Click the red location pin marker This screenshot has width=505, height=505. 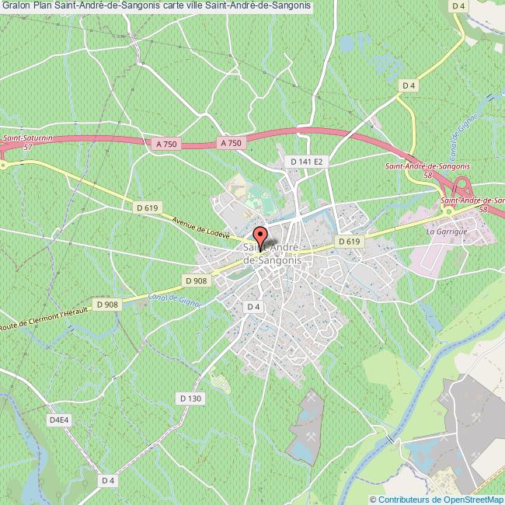pyautogui.click(x=259, y=236)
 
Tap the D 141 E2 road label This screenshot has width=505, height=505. pyautogui.click(x=306, y=161)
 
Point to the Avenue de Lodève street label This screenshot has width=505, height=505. pyautogui.click(x=200, y=225)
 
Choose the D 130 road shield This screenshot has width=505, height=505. pyautogui.click(x=190, y=399)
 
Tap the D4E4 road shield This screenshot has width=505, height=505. pyautogui.click(x=60, y=420)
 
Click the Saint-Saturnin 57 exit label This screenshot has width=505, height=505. pyautogui.click(x=24, y=141)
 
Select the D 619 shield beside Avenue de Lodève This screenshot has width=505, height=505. pyautogui.click(x=147, y=207)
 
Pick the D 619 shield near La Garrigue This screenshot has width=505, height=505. pyautogui.click(x=350, y=242)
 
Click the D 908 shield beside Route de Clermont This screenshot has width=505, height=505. pyautogui.click(x=106, y=304)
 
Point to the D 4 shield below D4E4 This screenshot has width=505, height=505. pyautogui.click(x=108, y=481)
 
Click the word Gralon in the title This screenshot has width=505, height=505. pyautogui.click(x=15, y=5)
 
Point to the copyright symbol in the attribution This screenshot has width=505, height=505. pyautogui.click(x=374, y=500)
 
